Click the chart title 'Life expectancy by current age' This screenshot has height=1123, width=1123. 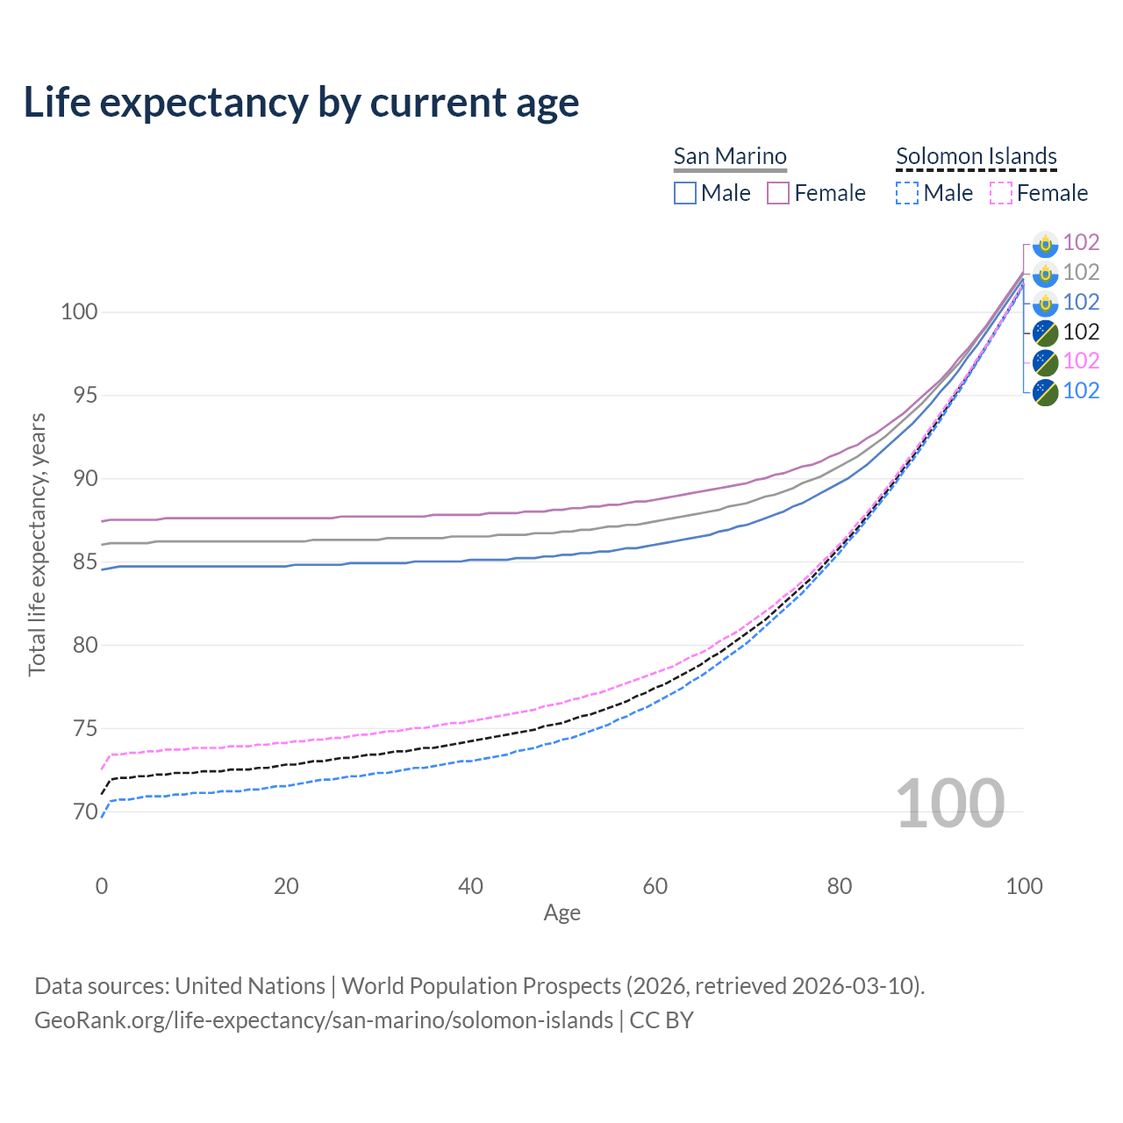coord(301,103)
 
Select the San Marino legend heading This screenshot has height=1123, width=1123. coord(730,156)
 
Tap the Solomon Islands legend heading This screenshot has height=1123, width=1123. coord(976,156)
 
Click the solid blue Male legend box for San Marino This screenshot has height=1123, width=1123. coord(685,193)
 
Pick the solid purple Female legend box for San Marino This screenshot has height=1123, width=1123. coord(778,193)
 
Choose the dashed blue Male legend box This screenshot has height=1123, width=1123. coord(907,193)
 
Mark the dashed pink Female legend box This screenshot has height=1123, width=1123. coord(1001,193)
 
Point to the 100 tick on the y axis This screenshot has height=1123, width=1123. coord(79,311)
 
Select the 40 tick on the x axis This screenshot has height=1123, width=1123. coord(470,886)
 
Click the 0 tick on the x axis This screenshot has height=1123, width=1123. coord(102,886)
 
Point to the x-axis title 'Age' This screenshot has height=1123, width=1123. coord(561,913)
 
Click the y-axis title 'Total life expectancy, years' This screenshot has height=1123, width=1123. coord(37,544)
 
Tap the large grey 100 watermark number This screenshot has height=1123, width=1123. coord(949,804)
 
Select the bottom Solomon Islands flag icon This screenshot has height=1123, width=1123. coord(1045,391)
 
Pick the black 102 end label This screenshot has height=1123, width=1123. coord(1081,332)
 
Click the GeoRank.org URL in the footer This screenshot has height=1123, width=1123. coord(324,1020)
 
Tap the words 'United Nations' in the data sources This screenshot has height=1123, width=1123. coord(250,986)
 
